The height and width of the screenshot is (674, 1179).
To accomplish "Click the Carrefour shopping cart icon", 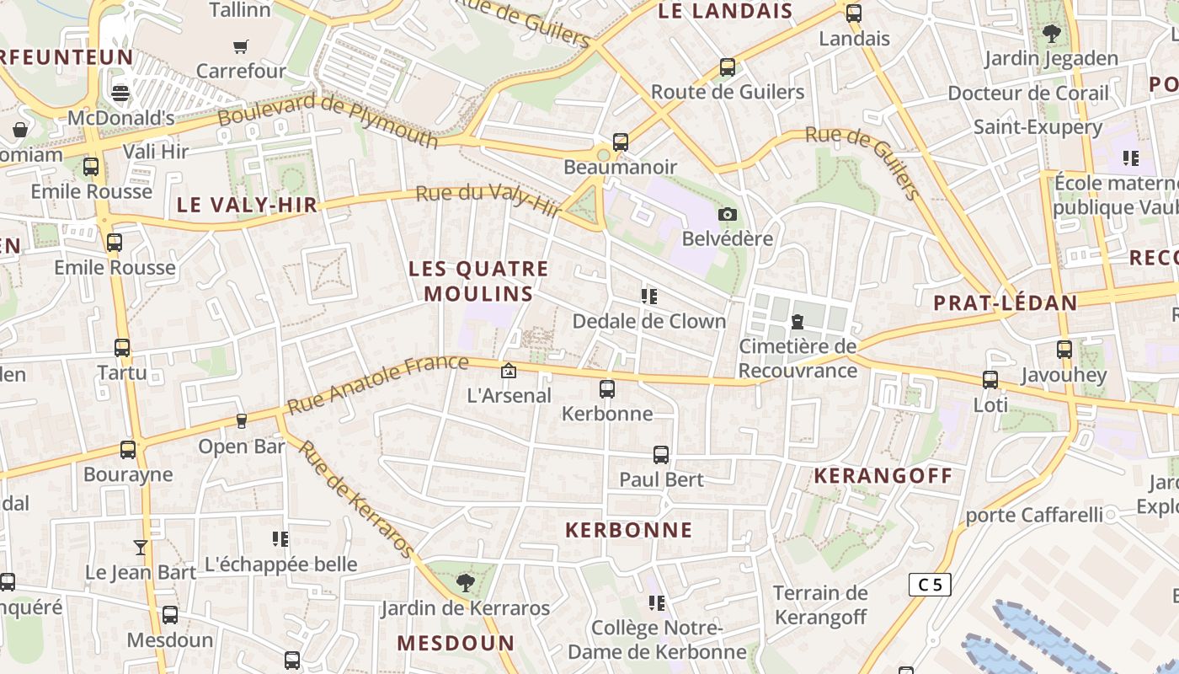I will pyautogui.click(x=241, y=46).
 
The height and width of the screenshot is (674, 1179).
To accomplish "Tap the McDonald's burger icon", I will pyautogui.click(x=120, y=93).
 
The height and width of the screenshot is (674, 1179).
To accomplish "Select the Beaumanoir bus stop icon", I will pyautogui.click(x=621, y=142).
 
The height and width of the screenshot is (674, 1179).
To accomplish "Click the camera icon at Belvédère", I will pyautogui.click(x=728, y=214).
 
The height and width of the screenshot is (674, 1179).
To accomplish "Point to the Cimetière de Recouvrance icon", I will pyautogui.click(x=797, y=321).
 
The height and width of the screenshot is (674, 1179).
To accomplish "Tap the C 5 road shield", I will pyautogui.click(x=930, y=584).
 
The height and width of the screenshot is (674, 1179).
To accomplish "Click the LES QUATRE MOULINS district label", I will pyautogui.click(x=478, y=281).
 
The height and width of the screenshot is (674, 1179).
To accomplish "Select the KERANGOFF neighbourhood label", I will pyautogui.click(x=883, y=476).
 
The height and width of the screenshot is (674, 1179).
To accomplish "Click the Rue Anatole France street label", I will pyautogui.click(x=377, y=384).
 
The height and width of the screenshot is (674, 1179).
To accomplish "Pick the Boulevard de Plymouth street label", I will pyautogui.click(x=328, y=120).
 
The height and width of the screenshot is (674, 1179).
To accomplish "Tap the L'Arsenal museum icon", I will pyautogui.click(x=509, y=371).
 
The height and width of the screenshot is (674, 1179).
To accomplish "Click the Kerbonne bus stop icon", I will pyautogui.click(x=606, y=388).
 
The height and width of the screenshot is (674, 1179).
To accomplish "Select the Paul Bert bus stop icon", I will pyautogui.click(x=661, y=455).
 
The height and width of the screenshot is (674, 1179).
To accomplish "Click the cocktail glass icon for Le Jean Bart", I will pyautogui.click(x=141, y=548).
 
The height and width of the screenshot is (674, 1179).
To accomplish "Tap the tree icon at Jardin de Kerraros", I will pyautogui.click(x=465, y=582).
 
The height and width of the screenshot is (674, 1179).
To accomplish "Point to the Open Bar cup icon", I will pyautogui.click(x=242, y=420).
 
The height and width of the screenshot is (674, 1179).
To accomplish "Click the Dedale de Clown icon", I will pyautogui.click(x=648, y=297).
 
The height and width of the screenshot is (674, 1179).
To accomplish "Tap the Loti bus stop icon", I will pyautogui.click(x=990, y=380).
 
